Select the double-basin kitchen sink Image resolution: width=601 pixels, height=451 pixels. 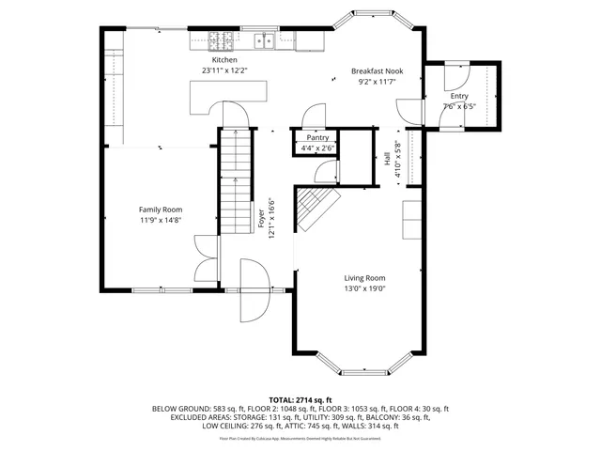[x=265, y=40]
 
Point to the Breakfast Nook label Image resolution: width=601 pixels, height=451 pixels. [x=376, y=71]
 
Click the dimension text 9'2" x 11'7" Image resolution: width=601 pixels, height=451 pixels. [x=376, y=83]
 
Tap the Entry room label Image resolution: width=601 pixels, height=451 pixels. [x=459, y=96]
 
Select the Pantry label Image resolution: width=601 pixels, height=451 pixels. [x=317, y=137]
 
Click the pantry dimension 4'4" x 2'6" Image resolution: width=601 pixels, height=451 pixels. [x=317, y=148]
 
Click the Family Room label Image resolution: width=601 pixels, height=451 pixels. [x=161, y=210]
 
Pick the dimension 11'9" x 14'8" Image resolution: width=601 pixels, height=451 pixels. [x=161, y=220]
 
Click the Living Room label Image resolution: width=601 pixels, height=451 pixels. [x=363, y=278]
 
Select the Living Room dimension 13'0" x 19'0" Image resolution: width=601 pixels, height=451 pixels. [x=363, y=289]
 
